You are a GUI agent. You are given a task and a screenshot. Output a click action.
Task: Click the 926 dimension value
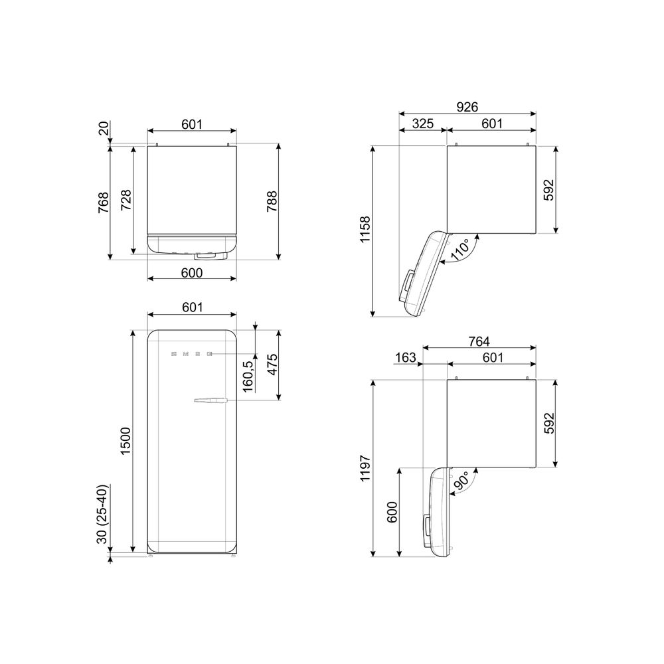click(467, 107)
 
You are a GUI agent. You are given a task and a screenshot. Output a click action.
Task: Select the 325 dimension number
click(422, 124)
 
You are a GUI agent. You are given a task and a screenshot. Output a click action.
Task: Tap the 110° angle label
click(460, 250)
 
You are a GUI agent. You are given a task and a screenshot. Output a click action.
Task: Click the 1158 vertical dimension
click(365, 230)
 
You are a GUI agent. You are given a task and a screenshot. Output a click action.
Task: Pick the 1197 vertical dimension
click(365, 468)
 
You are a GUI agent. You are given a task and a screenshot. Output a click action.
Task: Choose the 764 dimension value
click(479, 341)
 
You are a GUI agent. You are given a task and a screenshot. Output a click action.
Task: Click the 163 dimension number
click(405, 358)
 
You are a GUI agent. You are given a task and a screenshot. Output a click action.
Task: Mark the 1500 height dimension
click(125, 442)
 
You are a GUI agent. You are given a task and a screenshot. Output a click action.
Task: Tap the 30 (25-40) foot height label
click(102, 514)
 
